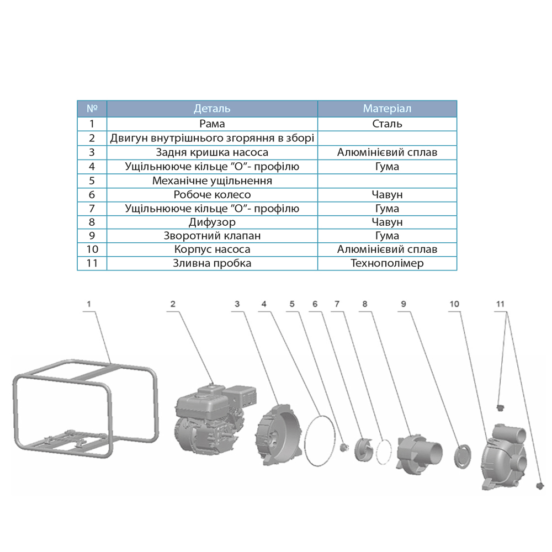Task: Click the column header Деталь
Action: tap(212, 109)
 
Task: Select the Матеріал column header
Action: tap(388, 109)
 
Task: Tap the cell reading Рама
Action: tap(212, 124)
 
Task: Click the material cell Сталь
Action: tap(388, 124)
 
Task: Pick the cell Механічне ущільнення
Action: tap(212, 181)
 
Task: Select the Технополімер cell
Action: tap(388, 263)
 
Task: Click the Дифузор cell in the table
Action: tap(212, 222)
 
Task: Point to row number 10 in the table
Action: tap(92, 250)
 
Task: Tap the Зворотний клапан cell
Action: tap(212, 236)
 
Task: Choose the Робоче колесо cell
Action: tap(212, 195)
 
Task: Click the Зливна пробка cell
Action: tap(212, 263)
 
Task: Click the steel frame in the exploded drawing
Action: tap(86, 408)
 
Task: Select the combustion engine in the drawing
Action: tap(215, 420)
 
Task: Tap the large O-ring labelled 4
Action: tap(320, 440)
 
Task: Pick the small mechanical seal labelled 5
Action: tap(343, 448)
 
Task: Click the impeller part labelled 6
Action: tap(364, 449)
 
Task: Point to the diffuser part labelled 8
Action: tap(419, 453)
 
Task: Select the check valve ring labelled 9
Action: tap(463, 457)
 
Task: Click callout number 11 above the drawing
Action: tap(500, 304)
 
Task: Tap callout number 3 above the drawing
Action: tap(237, 304)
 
